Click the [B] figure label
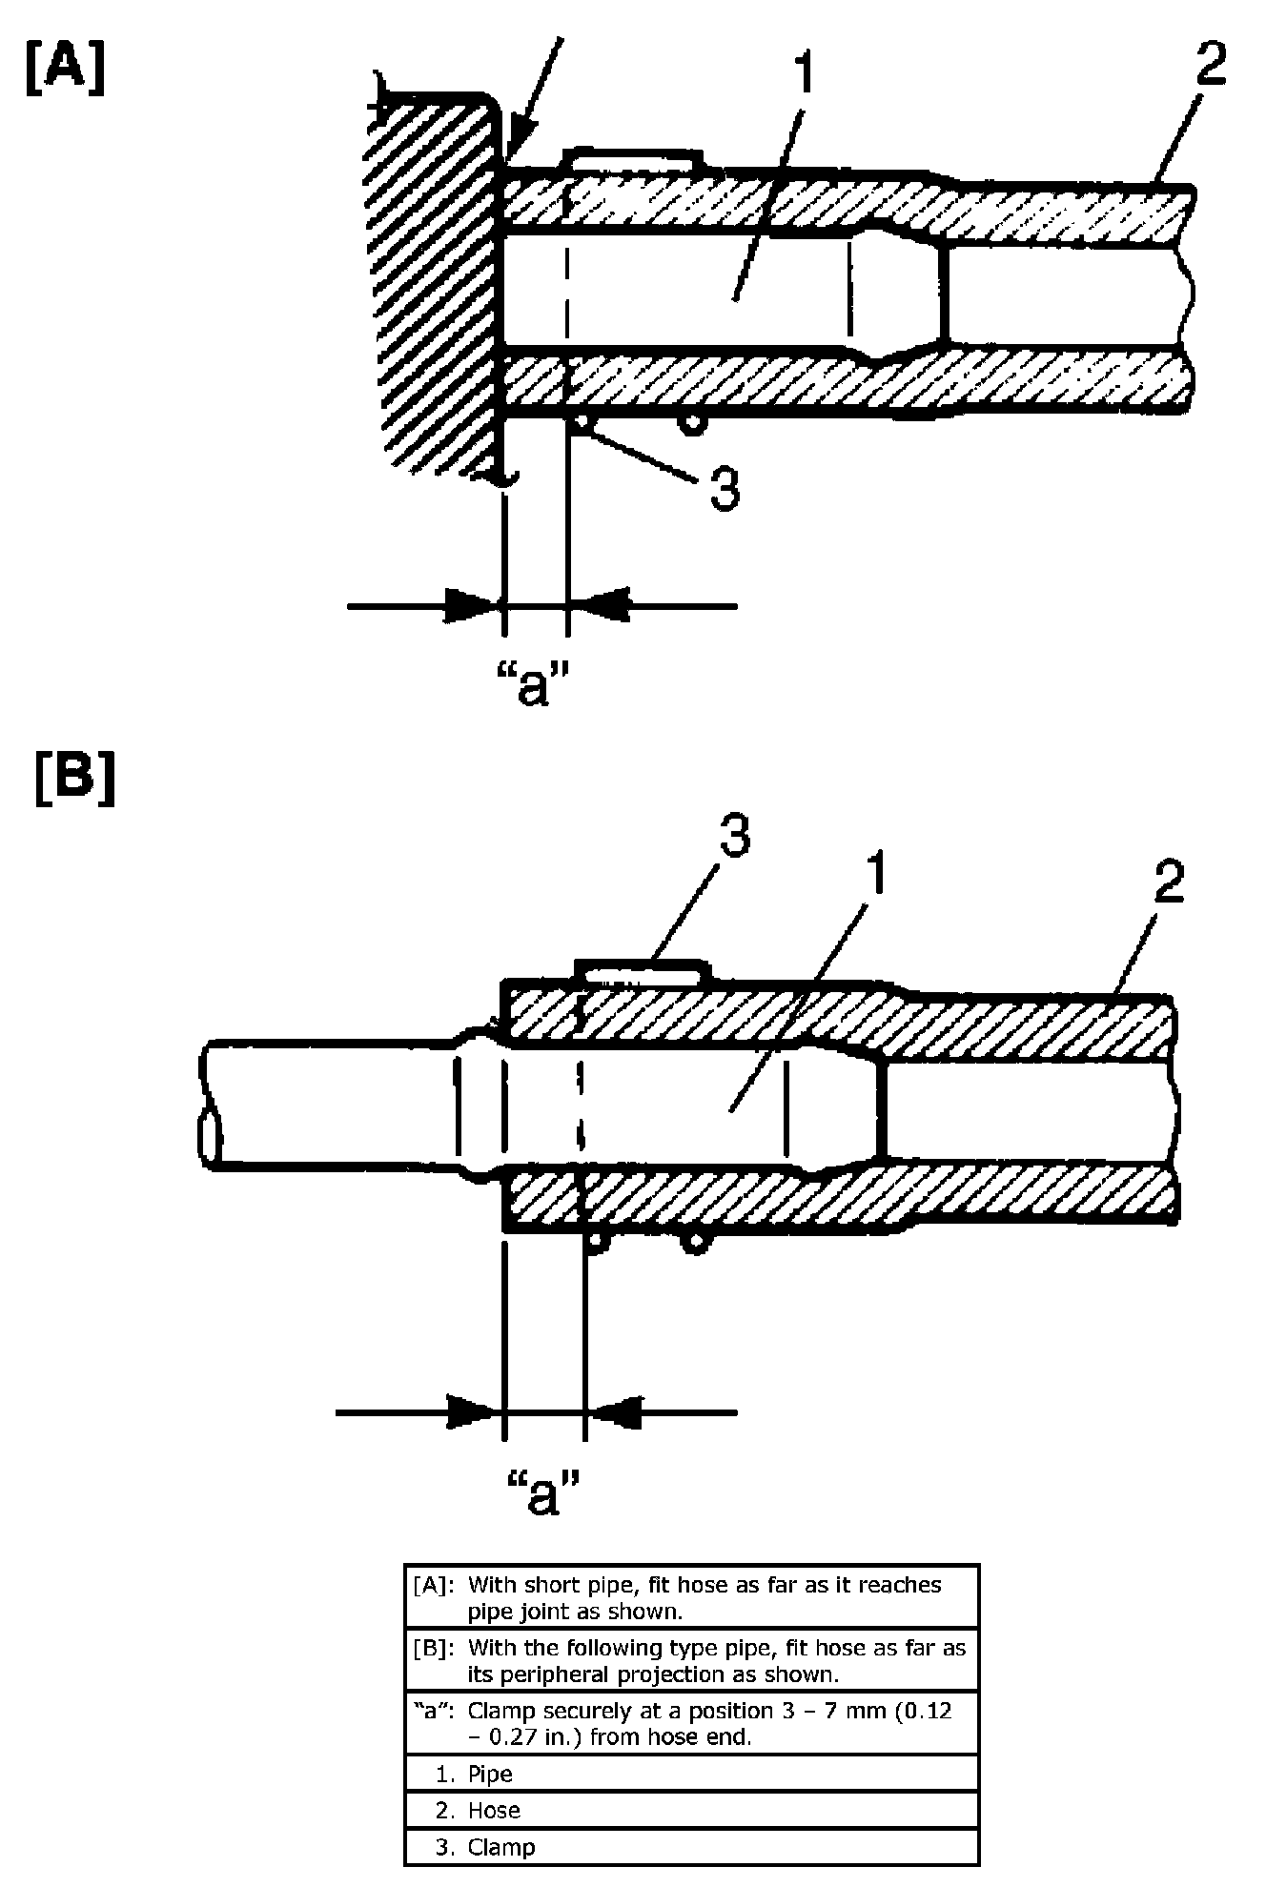coord(74,779)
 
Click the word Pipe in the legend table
coord(490,1774)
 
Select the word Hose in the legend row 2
coord(494,1810)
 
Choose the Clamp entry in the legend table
coord(501,1847)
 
